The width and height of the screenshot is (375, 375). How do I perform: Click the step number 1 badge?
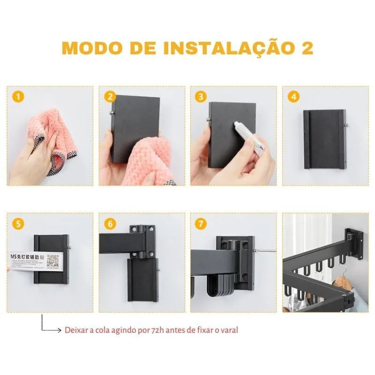(18, 97)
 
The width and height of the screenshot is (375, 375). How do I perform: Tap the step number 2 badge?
(110, 97)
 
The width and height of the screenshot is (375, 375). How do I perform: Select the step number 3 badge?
(202, 97)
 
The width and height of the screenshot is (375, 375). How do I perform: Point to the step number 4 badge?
(294, 97)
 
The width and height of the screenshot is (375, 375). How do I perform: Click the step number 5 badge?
(18, 224)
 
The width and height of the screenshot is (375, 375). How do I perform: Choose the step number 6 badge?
(110, 224)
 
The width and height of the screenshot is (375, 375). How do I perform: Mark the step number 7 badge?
(202, 224)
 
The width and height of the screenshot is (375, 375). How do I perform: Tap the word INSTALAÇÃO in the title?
(221, 48)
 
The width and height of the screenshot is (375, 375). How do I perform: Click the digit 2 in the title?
(307, 48)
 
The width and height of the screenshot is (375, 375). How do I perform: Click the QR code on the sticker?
(52, 261)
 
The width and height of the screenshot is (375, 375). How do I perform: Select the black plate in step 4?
(324, 139)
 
